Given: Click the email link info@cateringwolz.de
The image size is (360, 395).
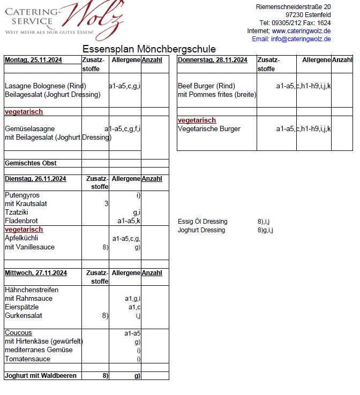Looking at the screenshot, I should pos(301,39).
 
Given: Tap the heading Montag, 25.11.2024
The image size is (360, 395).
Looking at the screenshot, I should pos(33,60).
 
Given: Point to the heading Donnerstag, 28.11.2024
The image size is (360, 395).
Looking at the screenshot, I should pos(212,60).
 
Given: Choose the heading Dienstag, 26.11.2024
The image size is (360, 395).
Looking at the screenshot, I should pos(35,179).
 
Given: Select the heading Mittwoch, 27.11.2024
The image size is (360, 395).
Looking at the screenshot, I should pos(35,273).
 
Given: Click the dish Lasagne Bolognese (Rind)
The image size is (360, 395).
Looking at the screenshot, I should pos(45,86).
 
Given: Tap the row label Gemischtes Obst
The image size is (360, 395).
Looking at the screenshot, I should pos(31,163).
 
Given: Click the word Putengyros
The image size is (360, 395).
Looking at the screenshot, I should pos(22,195).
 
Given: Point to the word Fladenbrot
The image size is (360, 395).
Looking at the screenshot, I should pos(21,221).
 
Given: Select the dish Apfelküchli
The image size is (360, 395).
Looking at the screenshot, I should pos(21,238).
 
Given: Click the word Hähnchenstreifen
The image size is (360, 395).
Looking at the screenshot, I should pos(32,290).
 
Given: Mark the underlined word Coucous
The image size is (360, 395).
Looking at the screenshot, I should pos(18,333).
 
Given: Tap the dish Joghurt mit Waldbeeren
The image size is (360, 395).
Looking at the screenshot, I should pos(41,376).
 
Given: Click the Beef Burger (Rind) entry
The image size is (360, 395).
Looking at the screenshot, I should pos(206,86).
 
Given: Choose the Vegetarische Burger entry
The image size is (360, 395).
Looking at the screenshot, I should pos(209,129).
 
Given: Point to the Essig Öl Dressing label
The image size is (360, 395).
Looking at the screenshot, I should pos(202,222).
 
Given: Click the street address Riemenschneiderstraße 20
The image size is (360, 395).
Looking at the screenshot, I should pos(293,6).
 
